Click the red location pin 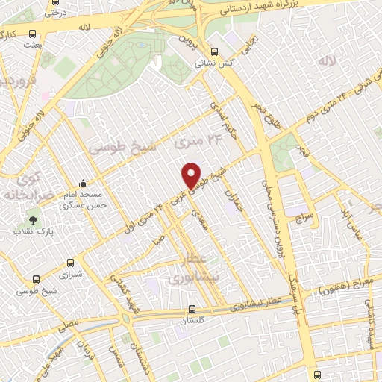pyautogui.click(x=192, y=175)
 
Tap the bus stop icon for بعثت pyautogui.click(x=32, y=34)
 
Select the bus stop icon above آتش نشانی pyautogui.click(x=215, y=51)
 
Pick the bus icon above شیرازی pyautogui.click(x=70, y=263)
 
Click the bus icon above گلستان pyautogui.click(x=192, y=309)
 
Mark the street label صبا pyautogui.click(x=159, y=241)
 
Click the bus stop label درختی pyautogui.click(x=54, y=12)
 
